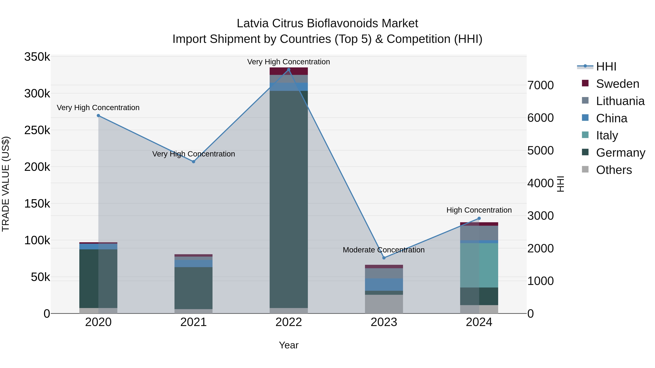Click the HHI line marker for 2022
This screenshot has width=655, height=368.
point(289,70)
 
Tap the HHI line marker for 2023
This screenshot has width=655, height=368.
point(384,258)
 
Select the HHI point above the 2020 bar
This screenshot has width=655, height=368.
point(98,116)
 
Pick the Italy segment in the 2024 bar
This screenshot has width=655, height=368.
point(479,265)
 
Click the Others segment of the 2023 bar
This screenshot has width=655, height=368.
point(384,304)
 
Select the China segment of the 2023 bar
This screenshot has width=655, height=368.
point(384,284)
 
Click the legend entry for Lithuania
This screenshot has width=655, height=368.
point(620,101)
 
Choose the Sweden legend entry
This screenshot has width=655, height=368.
point(617,84)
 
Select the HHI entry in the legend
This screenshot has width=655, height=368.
point(606,67)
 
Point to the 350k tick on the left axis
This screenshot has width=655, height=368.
point(37,57)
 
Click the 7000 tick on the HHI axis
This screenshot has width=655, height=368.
point(540,85)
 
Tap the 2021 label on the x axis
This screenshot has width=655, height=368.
point(194,322)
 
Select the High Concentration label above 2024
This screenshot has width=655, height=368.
point(479,210)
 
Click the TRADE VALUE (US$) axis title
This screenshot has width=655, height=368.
point(6,184)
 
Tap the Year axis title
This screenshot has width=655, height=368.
point(289,345)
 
